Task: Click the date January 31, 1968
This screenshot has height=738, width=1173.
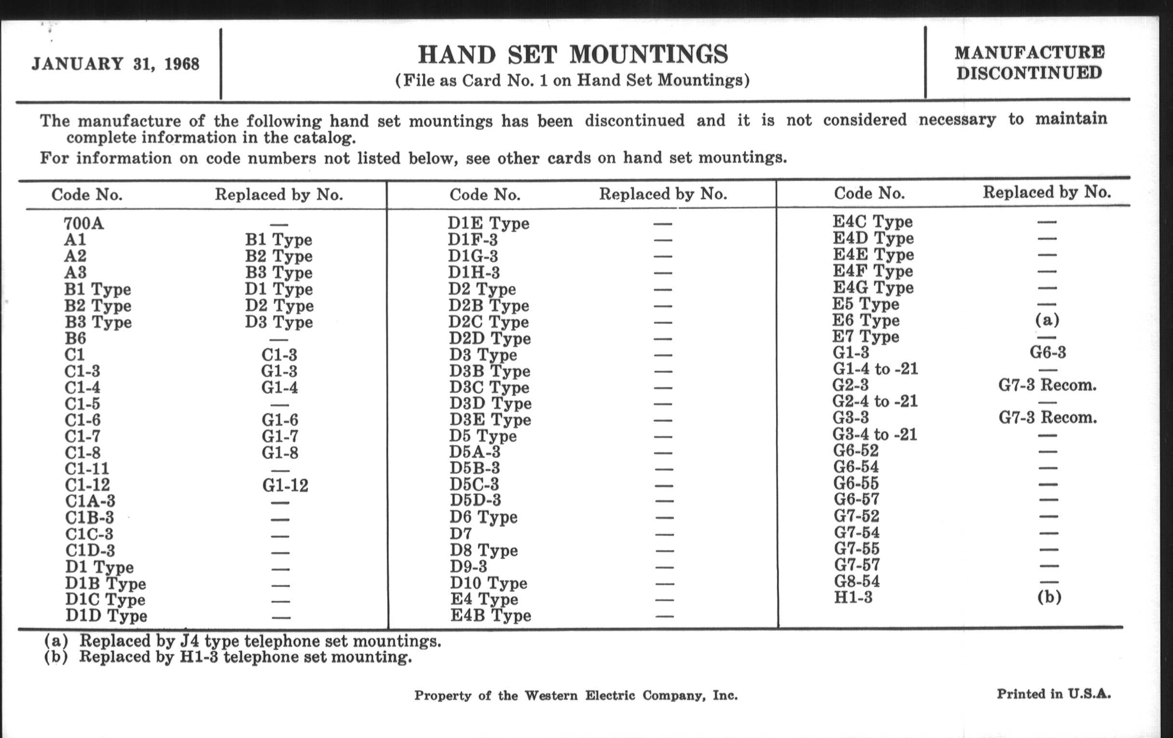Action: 115,64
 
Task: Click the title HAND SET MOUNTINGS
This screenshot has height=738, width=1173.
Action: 573,54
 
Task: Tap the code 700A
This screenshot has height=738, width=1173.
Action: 84,224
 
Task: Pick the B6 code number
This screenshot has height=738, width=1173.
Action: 75,338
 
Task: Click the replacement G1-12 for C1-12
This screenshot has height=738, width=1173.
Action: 285,485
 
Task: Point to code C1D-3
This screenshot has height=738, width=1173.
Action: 90,550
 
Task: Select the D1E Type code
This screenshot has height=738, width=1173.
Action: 488,223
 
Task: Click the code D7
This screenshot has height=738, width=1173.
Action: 460,533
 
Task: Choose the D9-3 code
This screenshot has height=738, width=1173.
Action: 468,567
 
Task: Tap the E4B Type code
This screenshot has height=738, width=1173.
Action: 490,615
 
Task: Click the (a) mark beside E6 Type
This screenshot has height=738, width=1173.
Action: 1047,320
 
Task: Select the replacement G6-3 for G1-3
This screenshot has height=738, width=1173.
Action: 1047,352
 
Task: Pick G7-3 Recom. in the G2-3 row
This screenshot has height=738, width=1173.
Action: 1047,385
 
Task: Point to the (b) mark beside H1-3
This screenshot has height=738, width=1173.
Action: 1049,597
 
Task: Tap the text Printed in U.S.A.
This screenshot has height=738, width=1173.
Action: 1054,694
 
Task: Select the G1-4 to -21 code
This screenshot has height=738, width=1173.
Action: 875,369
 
